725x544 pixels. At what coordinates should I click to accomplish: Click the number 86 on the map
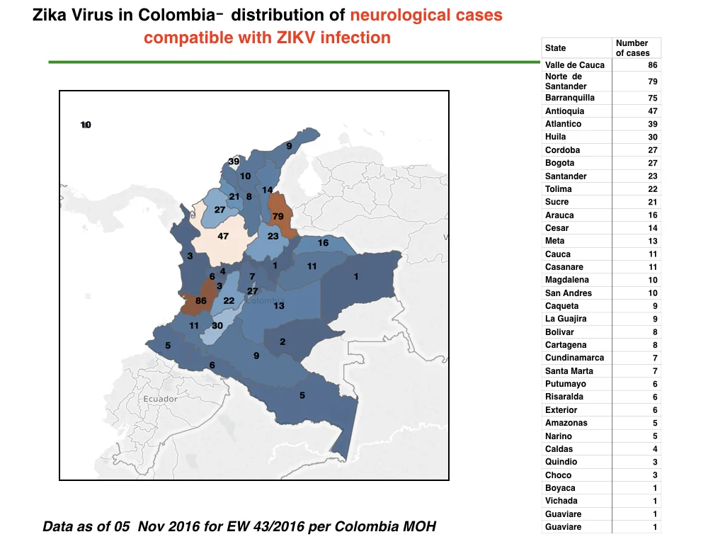pyautogui.click(x=200, y=300)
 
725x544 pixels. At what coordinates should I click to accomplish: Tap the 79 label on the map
pyautogui.click(x=278, y=217)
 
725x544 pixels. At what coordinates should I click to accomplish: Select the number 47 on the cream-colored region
pyautogui.click(x=223, y=237)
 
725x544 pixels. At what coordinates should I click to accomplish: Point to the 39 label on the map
pyautogui.click(x=234, y=161)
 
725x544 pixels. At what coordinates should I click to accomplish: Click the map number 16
pyautogui.click(x=323, y=243)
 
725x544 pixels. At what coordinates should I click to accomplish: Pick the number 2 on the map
pyautogui.click(x=282, y=342)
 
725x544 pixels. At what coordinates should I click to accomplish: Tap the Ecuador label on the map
pyautogui.click(x=160, y=399)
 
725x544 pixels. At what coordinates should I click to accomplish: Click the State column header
pyautogui.click(x=555, y=48)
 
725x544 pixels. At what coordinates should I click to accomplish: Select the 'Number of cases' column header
pyautogui.click(x=632, y=48)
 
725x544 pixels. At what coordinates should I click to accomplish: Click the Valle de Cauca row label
pyautogui.click(x=575, y=65)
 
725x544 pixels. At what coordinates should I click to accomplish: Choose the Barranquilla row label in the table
pyautogui.click(x=570, y=98)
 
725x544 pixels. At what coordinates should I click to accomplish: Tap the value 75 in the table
pyautogui.click(x=652, y=98)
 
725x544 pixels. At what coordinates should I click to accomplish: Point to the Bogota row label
pyautogui.click(x=559, y=164)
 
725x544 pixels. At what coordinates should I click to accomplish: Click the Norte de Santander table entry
pyautogui.click(x=566, y=81)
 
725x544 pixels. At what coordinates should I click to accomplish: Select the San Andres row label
pyautogui.click(x=569, y=293)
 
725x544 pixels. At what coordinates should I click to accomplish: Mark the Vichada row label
pyautogui.click(x=561, y=501)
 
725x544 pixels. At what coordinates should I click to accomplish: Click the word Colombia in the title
pyautogui.click(x=176, y=16)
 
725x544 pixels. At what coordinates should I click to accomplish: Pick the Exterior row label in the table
pyautogui.click(x=561, y=410)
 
